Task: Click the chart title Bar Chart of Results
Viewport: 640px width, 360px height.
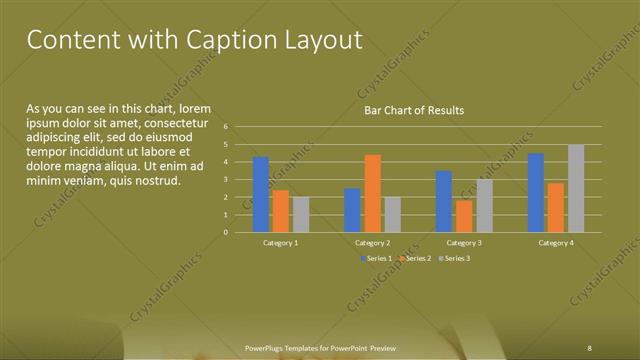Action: [413, 110]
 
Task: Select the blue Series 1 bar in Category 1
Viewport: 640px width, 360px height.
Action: [261, 194]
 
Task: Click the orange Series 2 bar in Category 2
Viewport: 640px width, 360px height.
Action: [372, 193]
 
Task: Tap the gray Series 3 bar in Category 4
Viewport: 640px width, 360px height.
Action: [576, 188]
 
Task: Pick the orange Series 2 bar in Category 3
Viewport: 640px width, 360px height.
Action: [464, 216]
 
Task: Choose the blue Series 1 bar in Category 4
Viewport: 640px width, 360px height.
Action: [536, 192]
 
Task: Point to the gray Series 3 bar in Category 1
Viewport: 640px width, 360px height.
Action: [301, 214]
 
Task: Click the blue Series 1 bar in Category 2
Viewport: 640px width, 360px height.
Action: [352, 210]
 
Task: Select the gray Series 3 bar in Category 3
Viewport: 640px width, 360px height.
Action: [484, 206]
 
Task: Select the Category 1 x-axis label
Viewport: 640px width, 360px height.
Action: [281, 243]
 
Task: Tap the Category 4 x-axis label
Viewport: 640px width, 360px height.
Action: [556, 243]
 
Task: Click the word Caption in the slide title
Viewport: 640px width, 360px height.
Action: [232, 40]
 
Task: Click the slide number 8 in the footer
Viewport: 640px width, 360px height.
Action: [590, 347]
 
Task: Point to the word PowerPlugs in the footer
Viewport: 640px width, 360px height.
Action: [267, 347]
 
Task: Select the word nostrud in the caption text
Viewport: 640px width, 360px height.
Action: [157, 181]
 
